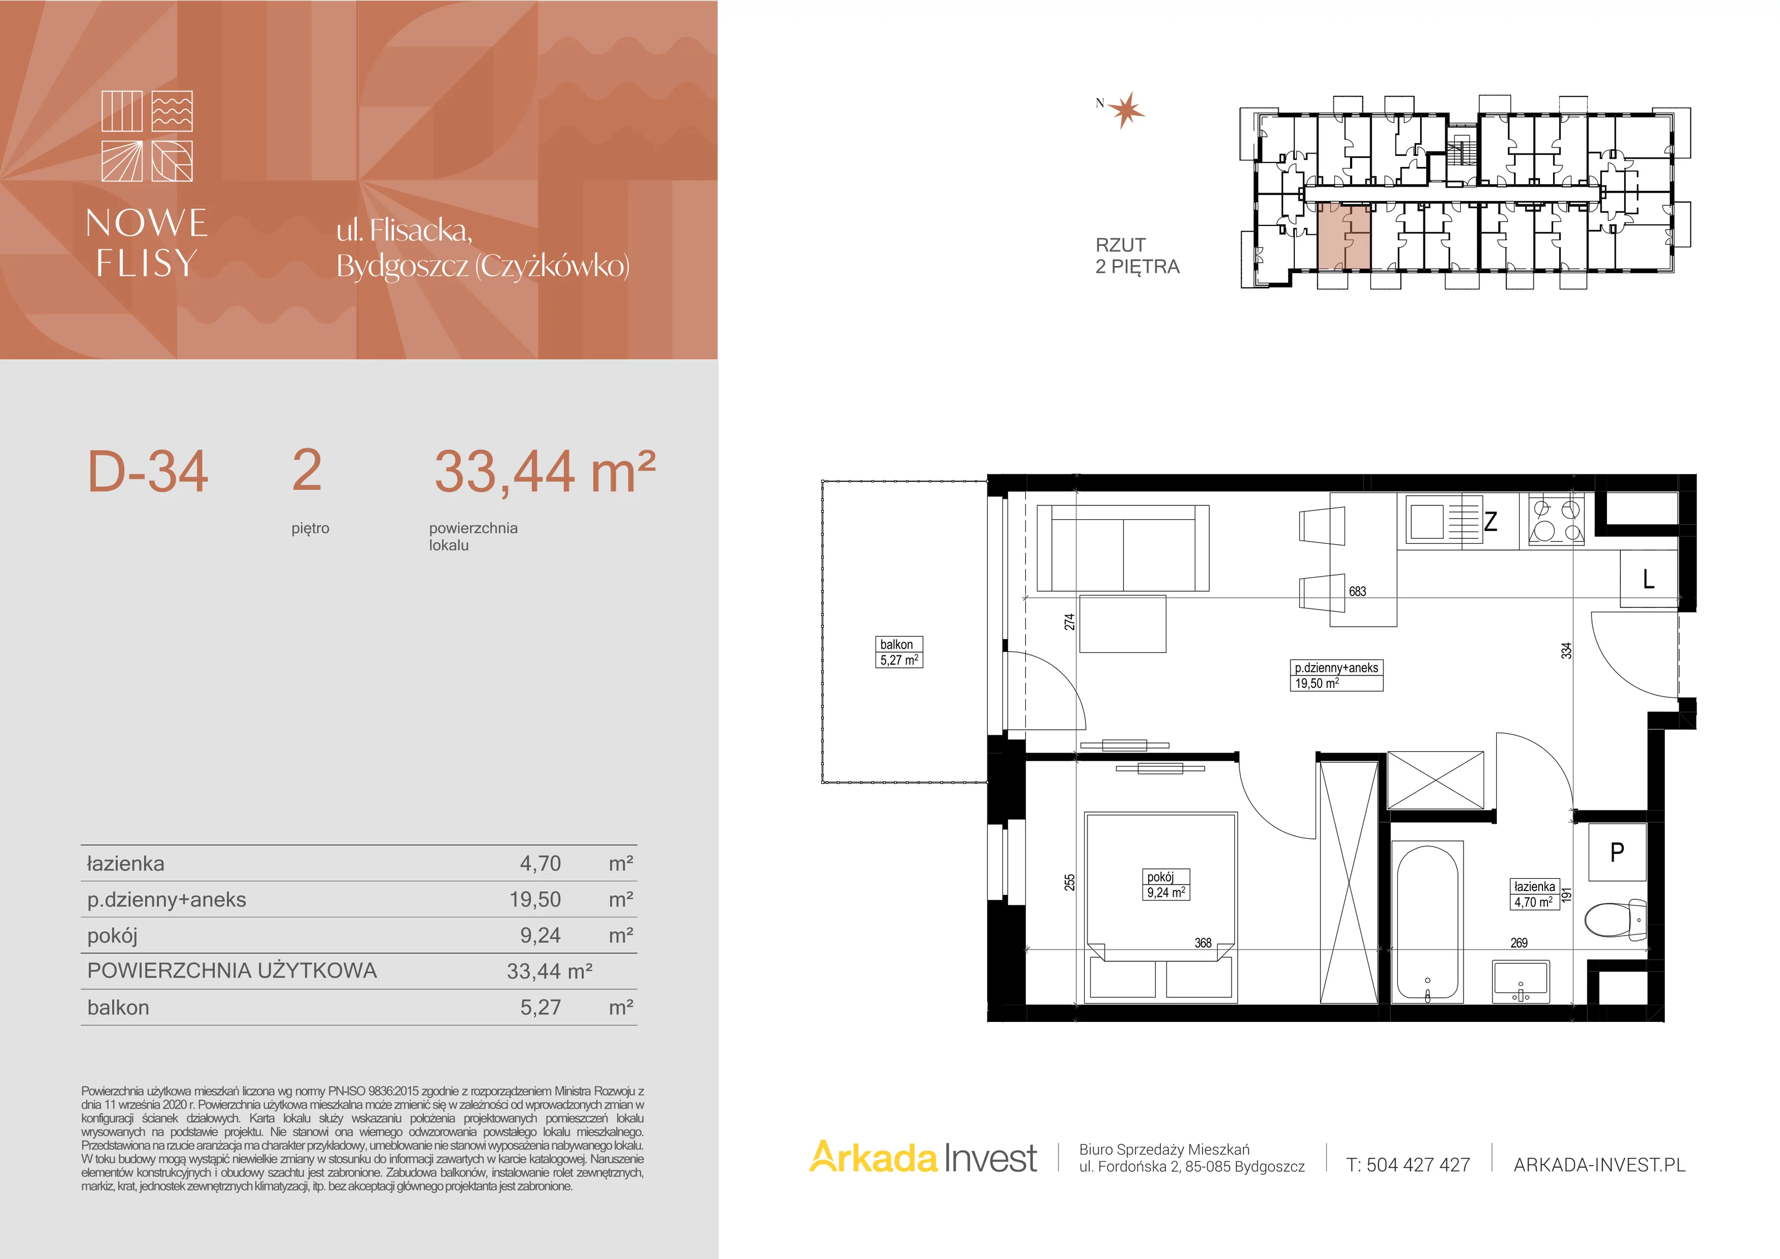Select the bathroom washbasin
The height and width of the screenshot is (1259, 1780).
(1521, 982)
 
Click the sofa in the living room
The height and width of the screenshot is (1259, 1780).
(1123, 548)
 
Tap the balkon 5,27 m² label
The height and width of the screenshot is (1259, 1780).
(899, 652)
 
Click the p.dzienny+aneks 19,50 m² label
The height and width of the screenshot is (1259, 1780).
(1337, 676)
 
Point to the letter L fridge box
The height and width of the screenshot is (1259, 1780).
(1649, 579)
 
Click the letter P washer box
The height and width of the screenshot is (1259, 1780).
(1616, 853)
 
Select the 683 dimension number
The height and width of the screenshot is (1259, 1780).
(1357, 591)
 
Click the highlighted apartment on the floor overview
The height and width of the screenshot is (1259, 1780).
(1344, 237)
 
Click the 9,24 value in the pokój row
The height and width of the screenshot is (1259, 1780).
(540, 936)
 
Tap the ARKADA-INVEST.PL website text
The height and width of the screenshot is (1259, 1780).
(1599, 1165)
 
